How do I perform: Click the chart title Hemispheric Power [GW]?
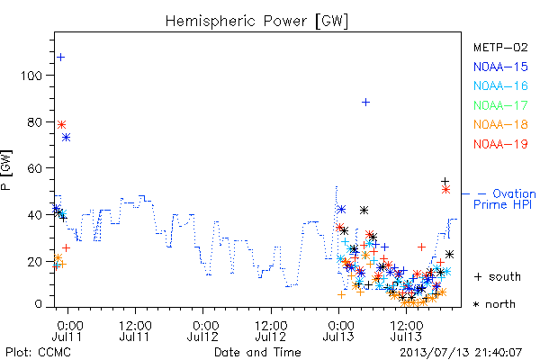(256, 22)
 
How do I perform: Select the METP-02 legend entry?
(500, 47)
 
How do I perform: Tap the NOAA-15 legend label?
(500, 67)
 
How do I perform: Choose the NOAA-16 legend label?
(500, 85)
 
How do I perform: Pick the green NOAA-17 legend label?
(500, 105)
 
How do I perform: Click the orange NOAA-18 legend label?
(500, 124)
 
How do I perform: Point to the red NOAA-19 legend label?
(500, 144)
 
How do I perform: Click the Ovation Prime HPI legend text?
(505, 199)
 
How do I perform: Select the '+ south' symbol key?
(498, 276)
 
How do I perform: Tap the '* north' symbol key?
(494, 304)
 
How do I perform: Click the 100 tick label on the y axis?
(31, 76)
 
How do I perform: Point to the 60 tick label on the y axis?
(35, 168)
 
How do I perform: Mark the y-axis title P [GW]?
(6, 170)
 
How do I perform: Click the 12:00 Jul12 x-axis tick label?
(271, 331)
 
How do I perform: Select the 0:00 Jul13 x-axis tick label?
(338, 331)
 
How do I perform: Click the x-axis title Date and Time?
(257, 352)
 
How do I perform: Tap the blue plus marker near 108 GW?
(60, 58)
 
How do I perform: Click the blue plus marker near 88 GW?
(365, 103)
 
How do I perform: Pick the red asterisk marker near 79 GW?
(61, 124)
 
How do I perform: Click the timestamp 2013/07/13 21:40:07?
(461, 353)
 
